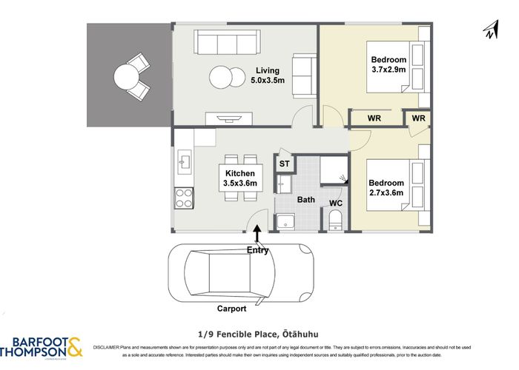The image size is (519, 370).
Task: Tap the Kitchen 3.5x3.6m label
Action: point(241,178)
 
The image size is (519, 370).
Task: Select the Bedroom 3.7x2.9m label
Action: point(389,65)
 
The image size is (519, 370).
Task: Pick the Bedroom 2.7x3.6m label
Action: point(386,188)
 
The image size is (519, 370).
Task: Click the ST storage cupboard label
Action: point(285,164)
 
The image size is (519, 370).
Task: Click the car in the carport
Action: point(241,270)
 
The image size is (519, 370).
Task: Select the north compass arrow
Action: point(489,30)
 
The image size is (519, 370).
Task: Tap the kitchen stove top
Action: point(184,198)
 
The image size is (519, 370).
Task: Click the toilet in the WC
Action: point(334,220)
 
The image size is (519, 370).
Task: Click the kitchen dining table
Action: point(241,178)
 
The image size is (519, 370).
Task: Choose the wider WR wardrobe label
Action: point(374,118)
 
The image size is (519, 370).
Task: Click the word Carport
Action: point(231,309)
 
